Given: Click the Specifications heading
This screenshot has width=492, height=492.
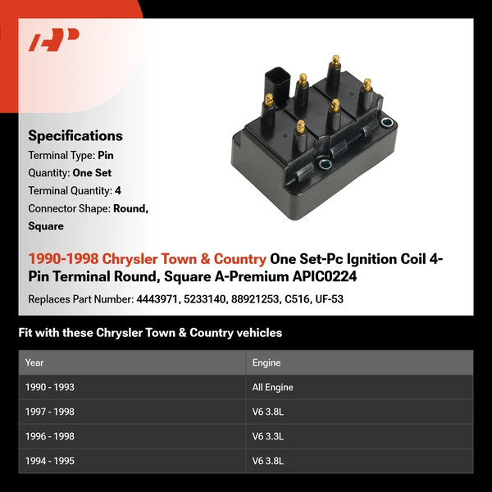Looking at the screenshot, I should tap(75, 136).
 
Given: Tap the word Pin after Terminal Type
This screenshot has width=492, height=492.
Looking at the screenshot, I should tap(106, 155).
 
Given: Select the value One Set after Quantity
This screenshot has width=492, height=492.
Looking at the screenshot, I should tap(92, 173).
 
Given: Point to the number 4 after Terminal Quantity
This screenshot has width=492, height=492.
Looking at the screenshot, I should tap(118, 190).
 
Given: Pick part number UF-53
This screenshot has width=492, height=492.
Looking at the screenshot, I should tap(328, 299).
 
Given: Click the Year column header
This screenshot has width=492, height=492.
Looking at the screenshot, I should tap(34, 362).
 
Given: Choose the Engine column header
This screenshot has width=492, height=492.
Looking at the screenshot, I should tap(266, 362).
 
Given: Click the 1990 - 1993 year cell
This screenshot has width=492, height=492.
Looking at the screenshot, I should tap(50, 387).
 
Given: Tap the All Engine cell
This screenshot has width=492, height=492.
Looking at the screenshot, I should tap(273, 387).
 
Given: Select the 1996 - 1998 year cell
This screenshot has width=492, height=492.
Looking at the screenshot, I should tap(50, 436).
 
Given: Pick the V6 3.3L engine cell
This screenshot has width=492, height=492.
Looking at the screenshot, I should tap(268, 436).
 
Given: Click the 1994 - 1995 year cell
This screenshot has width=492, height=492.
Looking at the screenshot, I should tap(50, 461).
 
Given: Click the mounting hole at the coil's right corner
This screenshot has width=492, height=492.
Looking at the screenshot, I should tap(387, 124).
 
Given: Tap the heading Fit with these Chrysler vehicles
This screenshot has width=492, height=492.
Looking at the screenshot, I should tap(150, 333).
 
